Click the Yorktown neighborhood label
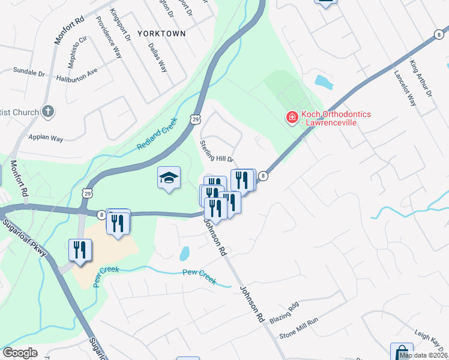tap(161, 34)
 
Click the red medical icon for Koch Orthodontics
tap(292, 118)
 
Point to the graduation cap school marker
tap(169, 178)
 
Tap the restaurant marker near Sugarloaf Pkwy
tap(80, 250)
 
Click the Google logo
tap(20, 353)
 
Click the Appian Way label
tap(46, 138)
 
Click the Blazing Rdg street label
tap(283, 313)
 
